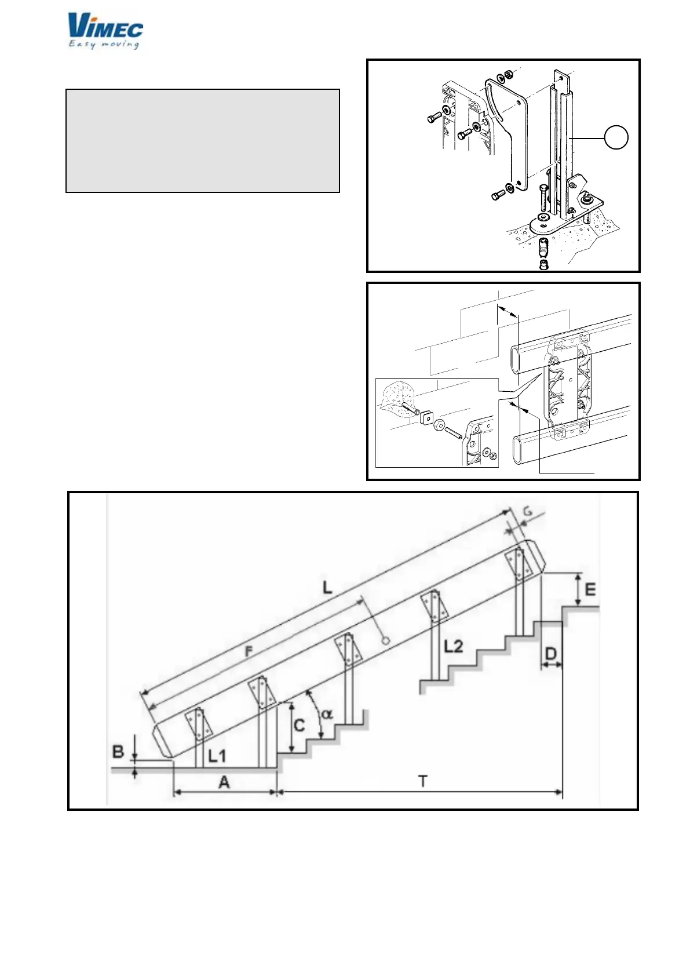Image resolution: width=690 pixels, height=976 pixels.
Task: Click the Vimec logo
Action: click(105, 26)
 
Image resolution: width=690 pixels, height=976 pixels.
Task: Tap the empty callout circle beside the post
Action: click(616, 137)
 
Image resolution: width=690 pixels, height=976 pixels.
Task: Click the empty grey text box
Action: click(202, 140)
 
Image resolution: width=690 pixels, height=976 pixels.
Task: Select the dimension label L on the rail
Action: click(328, 588)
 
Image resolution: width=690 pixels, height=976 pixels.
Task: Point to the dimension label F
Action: click(249, 651)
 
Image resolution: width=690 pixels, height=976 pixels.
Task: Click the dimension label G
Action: click(528, 511)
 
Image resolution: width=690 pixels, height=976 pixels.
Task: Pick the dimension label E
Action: click(590, 589)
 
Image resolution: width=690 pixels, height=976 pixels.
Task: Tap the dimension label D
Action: click(551, 654)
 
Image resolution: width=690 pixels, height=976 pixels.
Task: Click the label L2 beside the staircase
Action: click(454, 646)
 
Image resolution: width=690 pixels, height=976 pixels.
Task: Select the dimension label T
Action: click(423, 781)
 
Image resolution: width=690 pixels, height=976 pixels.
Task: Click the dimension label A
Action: click(224, 782)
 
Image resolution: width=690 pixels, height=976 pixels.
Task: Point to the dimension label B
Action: click(118, 752)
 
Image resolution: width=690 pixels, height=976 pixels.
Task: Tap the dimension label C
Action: click(300, 725)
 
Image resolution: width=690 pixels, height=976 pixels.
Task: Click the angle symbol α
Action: click(327, 714)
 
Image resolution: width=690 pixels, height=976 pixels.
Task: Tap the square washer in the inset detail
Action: click(427, 416)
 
